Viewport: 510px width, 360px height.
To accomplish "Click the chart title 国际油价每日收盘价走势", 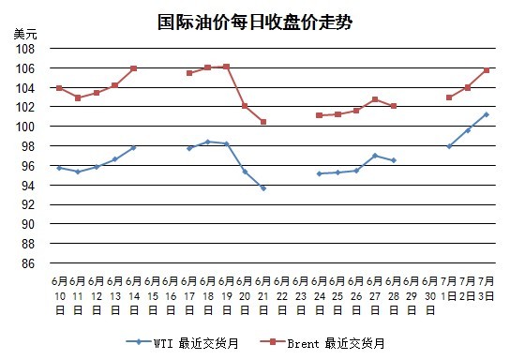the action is [x=255, y=22].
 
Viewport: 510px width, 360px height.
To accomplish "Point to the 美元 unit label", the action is [x=25, y=34].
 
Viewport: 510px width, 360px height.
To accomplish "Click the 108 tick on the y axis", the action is [x=25, y=49].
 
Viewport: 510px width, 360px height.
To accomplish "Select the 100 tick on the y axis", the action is [x=25, y=127].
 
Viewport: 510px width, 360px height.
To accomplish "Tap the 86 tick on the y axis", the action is [x=28, y=263].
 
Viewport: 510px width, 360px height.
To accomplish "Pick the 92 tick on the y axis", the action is [x=28, y=204].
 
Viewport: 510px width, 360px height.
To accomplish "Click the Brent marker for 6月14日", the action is [x=133, y=68].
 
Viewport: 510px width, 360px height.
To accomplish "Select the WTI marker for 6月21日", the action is [x=263, y=188].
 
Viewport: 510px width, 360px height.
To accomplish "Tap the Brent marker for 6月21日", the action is [x=263, y=122].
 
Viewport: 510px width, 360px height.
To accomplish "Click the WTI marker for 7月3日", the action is [x=487, y=114].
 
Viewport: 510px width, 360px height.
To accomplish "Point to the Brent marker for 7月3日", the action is [x=487, y=70].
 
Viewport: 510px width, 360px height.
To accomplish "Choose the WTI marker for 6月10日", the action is [x=59, y=168].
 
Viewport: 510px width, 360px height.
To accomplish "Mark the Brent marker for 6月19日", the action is [x=226, y=67].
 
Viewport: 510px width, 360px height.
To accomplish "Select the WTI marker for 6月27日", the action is [x=375, y=156].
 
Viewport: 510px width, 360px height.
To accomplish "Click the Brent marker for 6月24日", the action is [x=319, y=115].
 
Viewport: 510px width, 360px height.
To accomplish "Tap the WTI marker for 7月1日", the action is [x=449, y=146].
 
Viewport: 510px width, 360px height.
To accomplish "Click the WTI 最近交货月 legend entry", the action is [x=182, y=343].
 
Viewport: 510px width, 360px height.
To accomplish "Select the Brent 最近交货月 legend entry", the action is [x=322, y=343].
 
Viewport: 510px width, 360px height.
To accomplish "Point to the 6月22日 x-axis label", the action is [x=282, y=295].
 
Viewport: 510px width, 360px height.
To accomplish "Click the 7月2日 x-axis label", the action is [x=468, y=288].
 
